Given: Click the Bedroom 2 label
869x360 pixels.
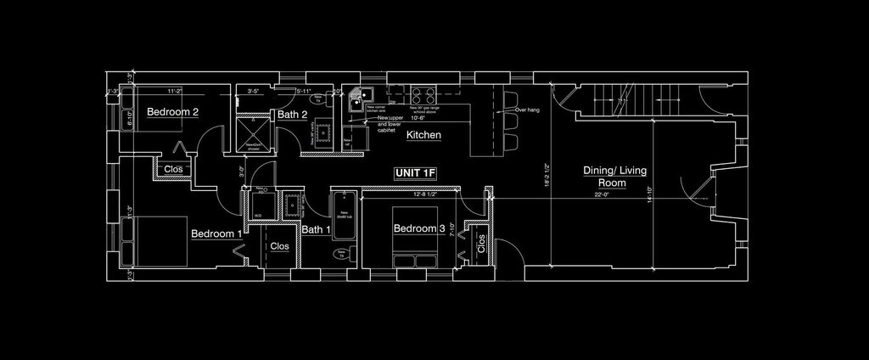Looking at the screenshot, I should (172, 112).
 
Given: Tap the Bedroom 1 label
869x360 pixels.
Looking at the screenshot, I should (216, 233).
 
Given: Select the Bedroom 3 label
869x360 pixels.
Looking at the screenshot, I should (418, 228).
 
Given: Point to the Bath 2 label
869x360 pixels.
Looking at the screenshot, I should (292, 115).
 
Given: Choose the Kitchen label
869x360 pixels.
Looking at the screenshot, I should (423, 135).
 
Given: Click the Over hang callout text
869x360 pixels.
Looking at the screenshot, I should (526, 110).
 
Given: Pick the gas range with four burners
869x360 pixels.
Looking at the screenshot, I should (423, 93).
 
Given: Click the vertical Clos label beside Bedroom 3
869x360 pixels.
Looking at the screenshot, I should (482, 244).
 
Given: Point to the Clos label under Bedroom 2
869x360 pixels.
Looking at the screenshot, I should (173, 169).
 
